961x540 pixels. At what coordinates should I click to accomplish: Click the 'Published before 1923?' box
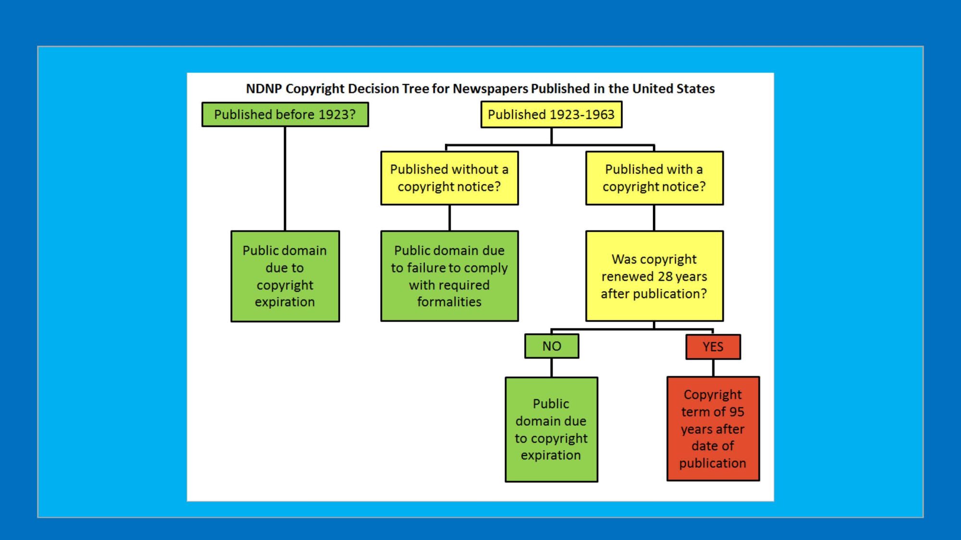click(x=285, y=115)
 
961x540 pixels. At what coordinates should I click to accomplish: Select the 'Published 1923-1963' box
click(x=551, y=115)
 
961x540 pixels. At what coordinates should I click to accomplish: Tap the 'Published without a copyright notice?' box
click(x=449, y=178)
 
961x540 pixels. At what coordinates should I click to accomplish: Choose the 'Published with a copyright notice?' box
click(x=654, y=178)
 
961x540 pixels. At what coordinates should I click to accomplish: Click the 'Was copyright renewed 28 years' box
click(x=654, y=276)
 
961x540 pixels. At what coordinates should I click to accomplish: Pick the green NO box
click(x=552, y=346)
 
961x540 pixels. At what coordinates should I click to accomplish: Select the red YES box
click(x=713, y=347)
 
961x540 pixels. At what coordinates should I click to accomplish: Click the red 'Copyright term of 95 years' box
click(x=713, y=429)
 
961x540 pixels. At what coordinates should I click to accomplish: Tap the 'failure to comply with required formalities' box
click(x=449, y=276)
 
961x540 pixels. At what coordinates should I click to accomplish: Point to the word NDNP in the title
click(x=263, y=89)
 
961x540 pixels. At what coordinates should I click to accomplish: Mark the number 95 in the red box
click(x=736, y=412)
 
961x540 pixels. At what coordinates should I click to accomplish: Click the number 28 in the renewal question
click(x=665, y=276)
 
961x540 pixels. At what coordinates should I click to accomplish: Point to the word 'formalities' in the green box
click(x=449, y=302)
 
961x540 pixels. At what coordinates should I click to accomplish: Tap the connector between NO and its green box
click(x=552, y=368)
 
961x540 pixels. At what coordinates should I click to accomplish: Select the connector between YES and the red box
click(x=713, y=368)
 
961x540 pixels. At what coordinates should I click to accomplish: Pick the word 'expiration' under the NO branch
click(x=551, y=455)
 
